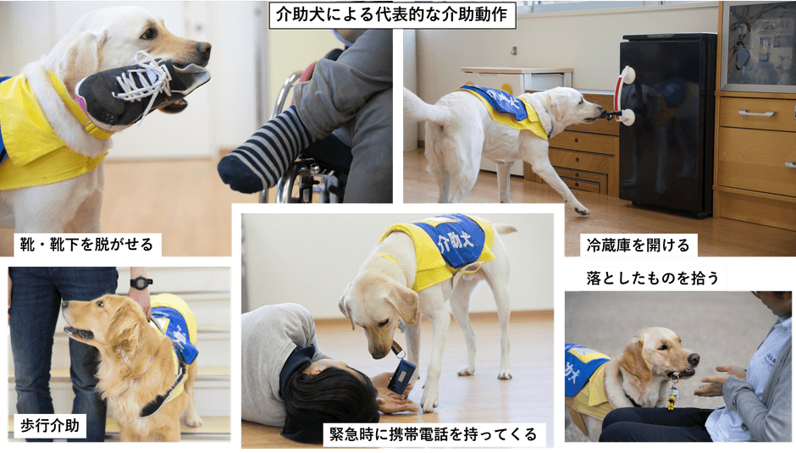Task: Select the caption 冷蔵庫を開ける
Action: click(639, 246)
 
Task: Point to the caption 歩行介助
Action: click(49, 425)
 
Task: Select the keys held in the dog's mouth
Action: click(672, 394)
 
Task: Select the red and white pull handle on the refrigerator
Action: click(625, 96)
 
